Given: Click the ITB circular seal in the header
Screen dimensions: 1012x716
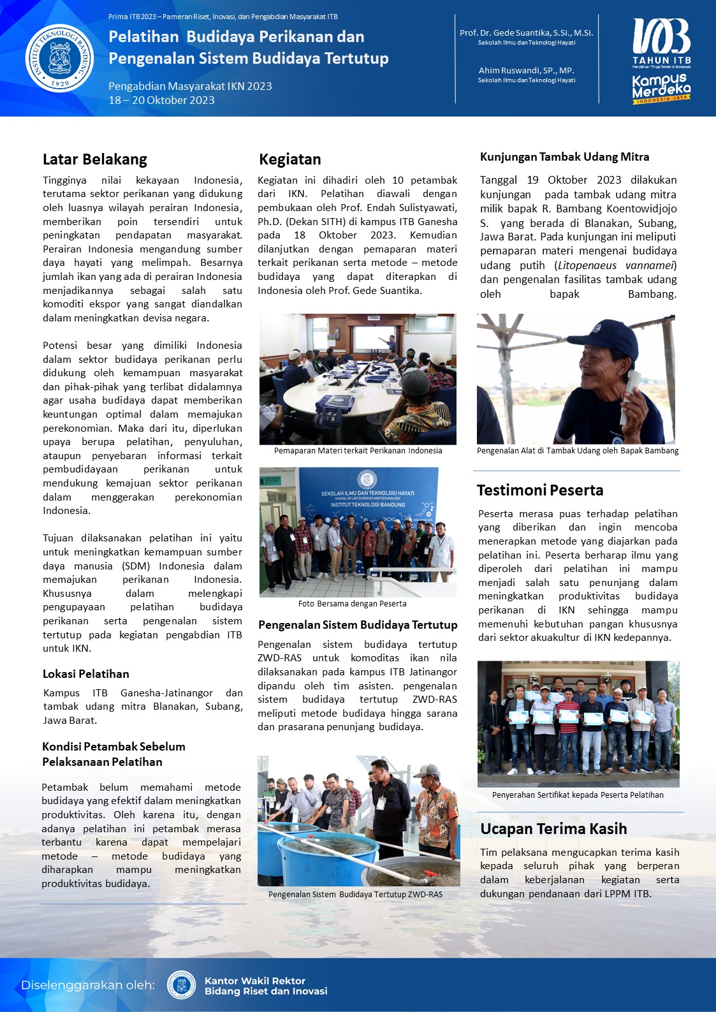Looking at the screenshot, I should coord(59,58).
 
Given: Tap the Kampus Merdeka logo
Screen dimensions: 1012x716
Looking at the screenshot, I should coord(661,89).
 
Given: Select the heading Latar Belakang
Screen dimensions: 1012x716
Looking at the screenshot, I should coord(95,159).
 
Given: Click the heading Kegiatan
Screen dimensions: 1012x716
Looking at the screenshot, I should coord(290,159).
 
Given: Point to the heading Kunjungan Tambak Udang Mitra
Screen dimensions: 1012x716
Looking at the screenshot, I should coord(564,157).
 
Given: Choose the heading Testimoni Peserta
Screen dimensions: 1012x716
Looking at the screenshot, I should coord(540,490).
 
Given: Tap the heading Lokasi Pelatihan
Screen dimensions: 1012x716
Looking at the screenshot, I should coord(86,674).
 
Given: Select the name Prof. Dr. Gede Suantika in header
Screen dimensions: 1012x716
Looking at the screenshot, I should coord(526,33).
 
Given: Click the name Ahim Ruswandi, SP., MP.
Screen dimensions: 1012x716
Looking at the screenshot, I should coord(526,71).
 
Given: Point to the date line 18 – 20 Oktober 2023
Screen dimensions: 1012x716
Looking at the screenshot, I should coord(161,100).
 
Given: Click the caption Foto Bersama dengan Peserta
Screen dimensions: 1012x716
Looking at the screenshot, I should coord(352,603).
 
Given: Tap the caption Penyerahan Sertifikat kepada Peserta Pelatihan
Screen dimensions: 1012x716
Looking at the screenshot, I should coord(578,795).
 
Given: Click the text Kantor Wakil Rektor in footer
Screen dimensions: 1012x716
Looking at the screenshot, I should coord(255,981).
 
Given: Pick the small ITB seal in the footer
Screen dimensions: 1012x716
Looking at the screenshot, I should coord(181,985).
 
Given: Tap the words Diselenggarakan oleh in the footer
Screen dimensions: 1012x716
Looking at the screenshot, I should coord(88,985).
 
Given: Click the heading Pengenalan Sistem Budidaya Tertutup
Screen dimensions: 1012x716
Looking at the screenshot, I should coord(358,625).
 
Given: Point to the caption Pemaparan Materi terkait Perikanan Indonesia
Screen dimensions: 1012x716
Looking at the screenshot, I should coord(358,451).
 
